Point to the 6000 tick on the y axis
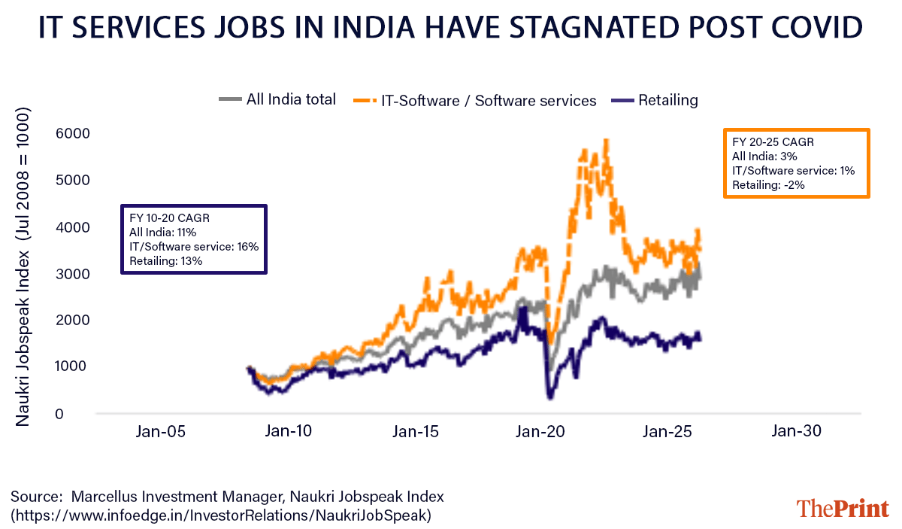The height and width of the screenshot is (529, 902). click(72, 134)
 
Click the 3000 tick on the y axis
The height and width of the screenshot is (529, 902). click(72, 274)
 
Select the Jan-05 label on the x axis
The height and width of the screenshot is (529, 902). click(160, 432)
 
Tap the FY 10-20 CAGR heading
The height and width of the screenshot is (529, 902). click(169, 218)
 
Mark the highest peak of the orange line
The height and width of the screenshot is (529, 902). click(606, 140)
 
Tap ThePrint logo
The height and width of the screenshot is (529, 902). click(843, 508)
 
